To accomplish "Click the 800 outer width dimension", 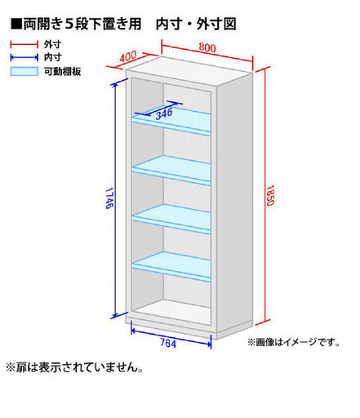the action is pos(207,47).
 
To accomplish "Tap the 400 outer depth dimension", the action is pos(128,56).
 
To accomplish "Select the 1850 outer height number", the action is pos(269,195).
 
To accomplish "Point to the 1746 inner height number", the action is pos(109,198).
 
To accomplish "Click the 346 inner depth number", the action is pos(164,113).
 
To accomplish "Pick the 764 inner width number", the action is pos(168,343).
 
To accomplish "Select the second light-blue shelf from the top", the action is pos(171,170).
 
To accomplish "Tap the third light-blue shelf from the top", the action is pos(171,219).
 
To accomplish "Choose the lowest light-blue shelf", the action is pos(171,266).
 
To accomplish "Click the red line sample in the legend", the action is pos(24,44).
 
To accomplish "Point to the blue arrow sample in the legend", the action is pos(24,57).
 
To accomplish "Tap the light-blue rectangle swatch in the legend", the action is pos(24,71).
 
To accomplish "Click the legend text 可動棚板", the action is pos(63,72).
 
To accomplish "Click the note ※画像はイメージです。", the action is pos(294,342).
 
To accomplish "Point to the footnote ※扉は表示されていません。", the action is pos(74,367).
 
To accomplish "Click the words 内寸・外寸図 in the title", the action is pos(196,24).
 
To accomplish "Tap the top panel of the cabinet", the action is pos(189,71).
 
